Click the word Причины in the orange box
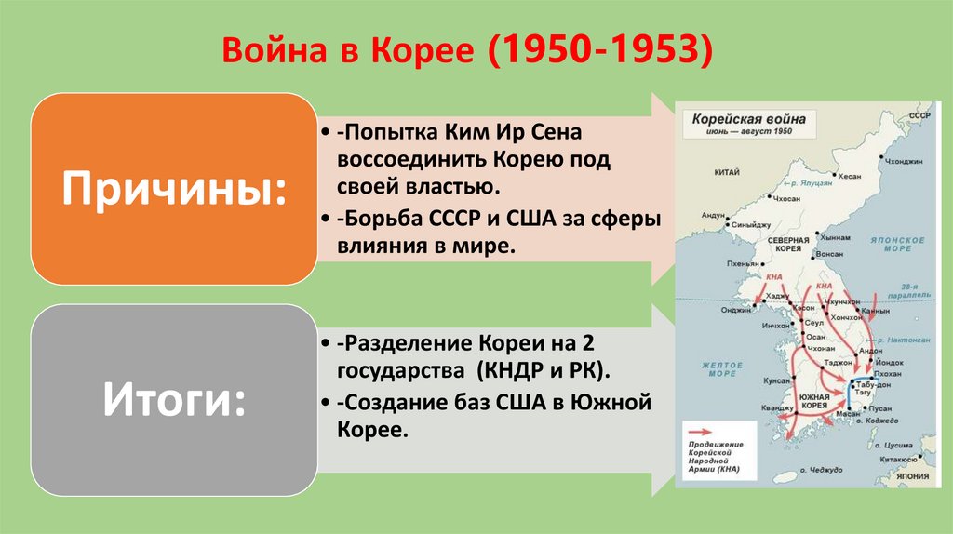[173, 190]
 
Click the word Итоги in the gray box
[173, 402]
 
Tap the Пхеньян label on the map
[741, 264]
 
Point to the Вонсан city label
[828, 253]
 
